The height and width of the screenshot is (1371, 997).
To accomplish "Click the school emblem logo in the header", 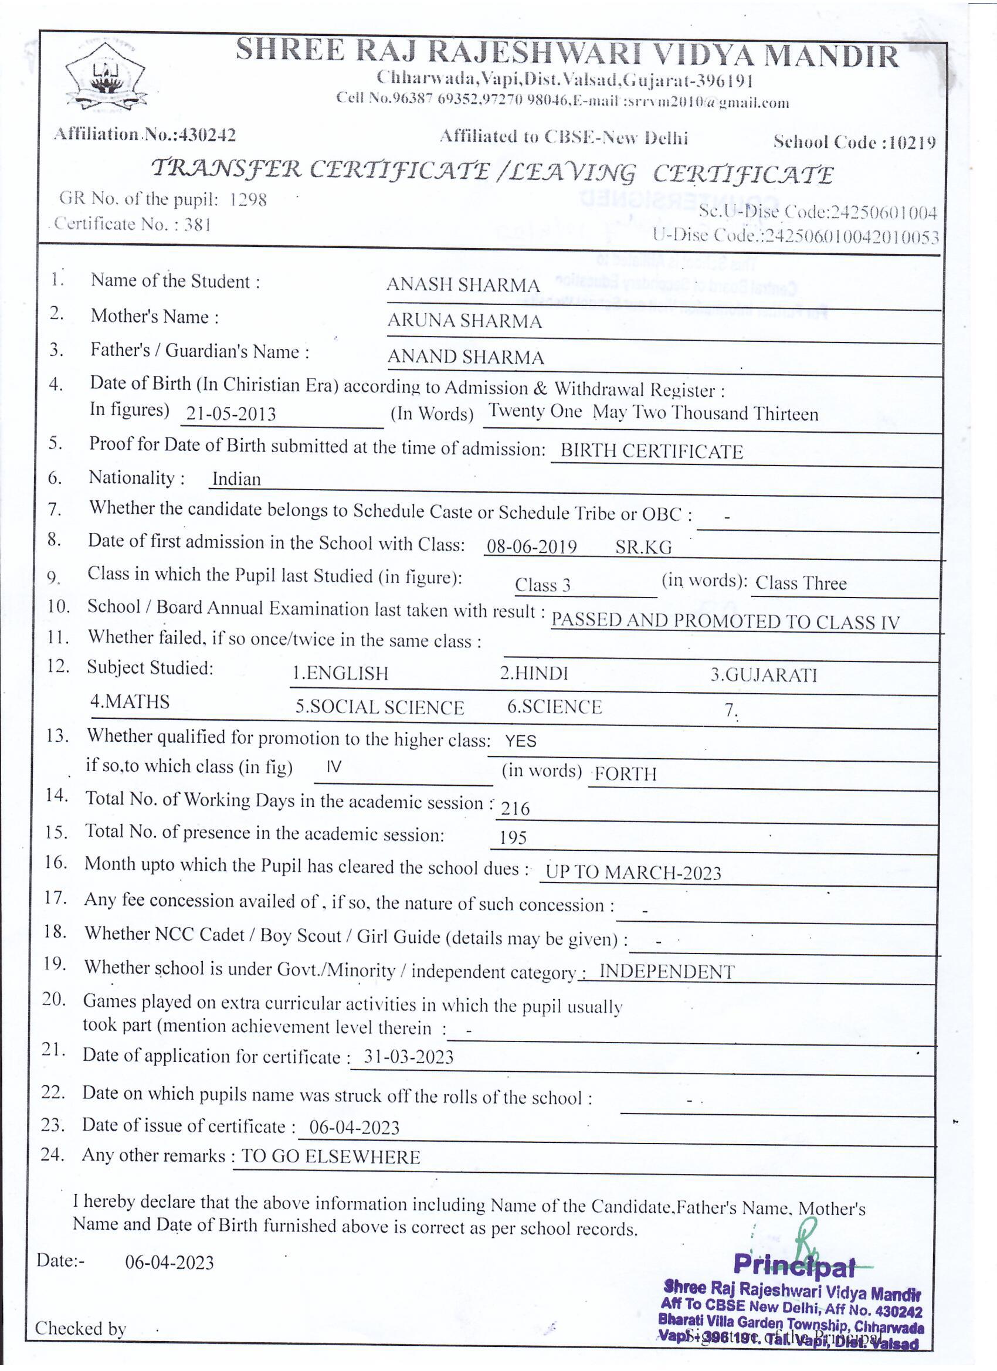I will pyautogui.click(x=106, y=77).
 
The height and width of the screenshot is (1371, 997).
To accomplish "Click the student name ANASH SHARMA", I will pyautogui.click(x=463, y=285).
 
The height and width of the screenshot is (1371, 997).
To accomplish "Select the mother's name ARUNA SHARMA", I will pyautogui.click(x=464, y=320).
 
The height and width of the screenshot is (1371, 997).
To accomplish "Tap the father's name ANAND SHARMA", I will pyautogui.click(x=465, y=357).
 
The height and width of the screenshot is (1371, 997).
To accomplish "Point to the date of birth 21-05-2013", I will pyautogui.click(x=230, y=413).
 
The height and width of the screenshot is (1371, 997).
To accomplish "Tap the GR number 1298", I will pyautogui.click(x=248, y=199).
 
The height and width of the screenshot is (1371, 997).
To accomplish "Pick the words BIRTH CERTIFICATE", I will pyautogui.click(x=651, y=452).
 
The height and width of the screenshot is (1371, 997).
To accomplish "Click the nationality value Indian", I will pyautogui.click(x=236, y=479).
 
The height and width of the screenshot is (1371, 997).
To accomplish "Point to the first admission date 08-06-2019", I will pyautogui.click(x=531, y=547).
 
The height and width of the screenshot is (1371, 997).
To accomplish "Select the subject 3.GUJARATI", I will pyautogui.click(x=763, y=674).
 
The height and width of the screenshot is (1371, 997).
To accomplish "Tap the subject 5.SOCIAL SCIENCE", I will pyautogui.click(x=379, y=707).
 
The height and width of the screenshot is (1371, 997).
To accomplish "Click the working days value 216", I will pyautogui.click(x=514, y=808).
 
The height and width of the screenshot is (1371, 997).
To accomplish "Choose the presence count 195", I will pyautogui.click(x=513, y=837).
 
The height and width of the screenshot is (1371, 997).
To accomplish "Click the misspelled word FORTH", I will pyautogui.click(x=625, y=774).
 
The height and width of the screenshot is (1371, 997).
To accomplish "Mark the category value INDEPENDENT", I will pyautogui.click(x=666, y=972).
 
